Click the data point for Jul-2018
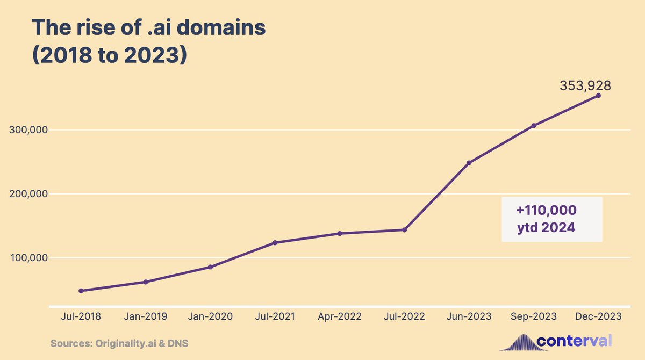81,291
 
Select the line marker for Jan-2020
210,267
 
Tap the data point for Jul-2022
404,230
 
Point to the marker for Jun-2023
469,163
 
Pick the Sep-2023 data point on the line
534,126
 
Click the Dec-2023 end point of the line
598,96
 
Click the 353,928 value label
585,85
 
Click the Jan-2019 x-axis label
145,316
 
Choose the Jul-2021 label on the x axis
275,316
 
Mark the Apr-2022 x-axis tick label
340,316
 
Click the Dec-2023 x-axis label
598,316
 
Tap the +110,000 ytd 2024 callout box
551,219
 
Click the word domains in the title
220,28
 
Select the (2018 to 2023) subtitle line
109,55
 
